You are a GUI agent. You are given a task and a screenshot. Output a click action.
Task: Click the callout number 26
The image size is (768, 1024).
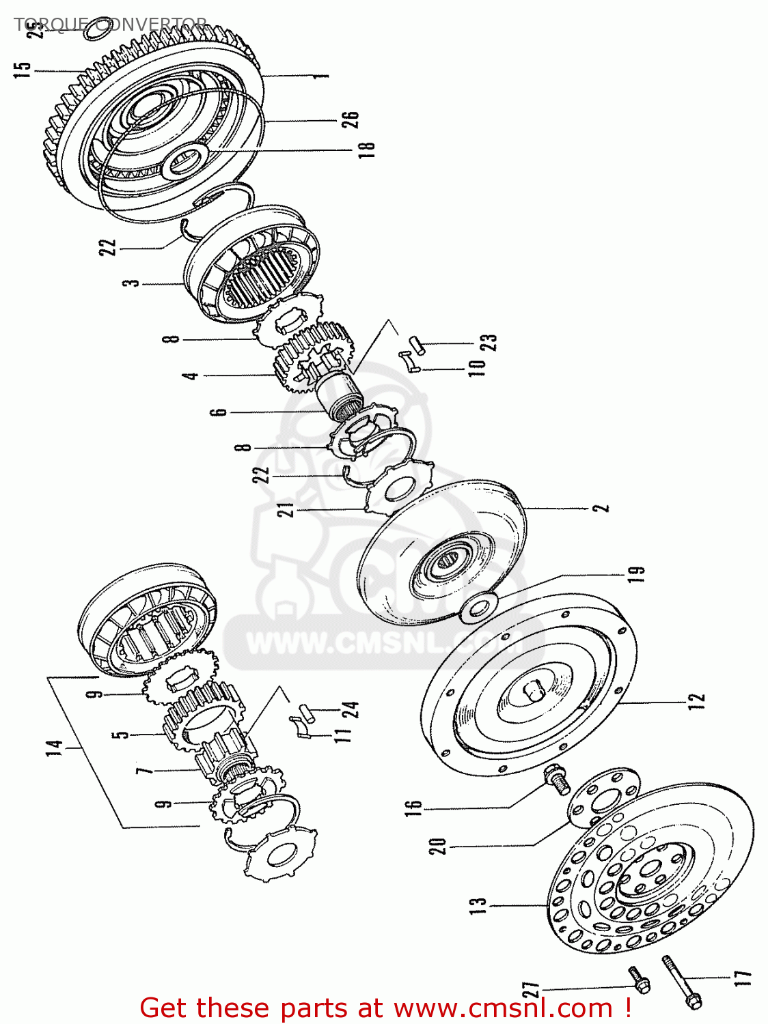click(350, 120)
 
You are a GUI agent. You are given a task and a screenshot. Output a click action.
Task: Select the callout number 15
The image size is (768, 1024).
click(23, 70)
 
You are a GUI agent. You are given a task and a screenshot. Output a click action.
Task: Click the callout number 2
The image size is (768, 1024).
click(601, 509)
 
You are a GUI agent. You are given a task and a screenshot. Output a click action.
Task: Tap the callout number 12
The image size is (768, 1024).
click(695, 701)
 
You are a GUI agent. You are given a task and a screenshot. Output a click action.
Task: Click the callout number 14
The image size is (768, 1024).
click(55, 748)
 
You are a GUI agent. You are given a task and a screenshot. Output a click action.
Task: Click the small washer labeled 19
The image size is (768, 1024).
click(478, 606)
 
